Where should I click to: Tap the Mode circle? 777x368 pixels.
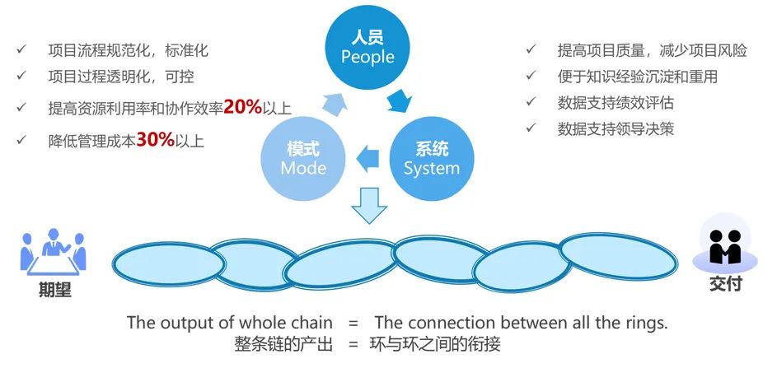pyautogui.click(x=303, y=158)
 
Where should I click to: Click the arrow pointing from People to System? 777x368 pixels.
pyautogui.click(x=400, y=101)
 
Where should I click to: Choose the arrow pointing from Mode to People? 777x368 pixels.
pyautogui.click(x=334, y=103)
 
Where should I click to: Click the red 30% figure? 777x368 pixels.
pyautogui.click(x=155, y=140)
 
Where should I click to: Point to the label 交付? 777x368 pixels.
pyautogui.click(x=725, y=284)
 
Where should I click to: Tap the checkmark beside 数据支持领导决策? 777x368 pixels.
pyautogui.click(x=532, y=128)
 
